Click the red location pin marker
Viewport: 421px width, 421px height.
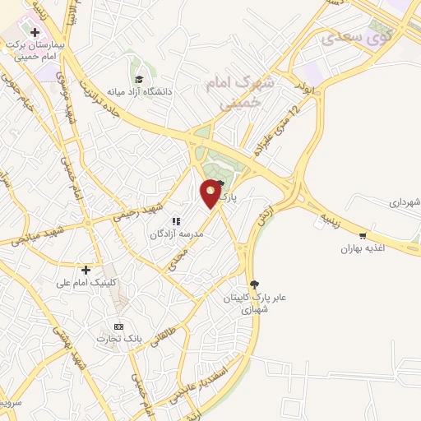pos(211,193)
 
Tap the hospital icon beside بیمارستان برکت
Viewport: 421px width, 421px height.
pos(35,33)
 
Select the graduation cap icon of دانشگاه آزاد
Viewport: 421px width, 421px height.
pos(139,79)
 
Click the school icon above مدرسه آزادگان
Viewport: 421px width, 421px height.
pos(175,220)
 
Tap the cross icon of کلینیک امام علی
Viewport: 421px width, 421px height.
pos(86,270)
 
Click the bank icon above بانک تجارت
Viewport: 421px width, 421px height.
pos(119,326)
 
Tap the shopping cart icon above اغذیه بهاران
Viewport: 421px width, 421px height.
pos(363,234)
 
